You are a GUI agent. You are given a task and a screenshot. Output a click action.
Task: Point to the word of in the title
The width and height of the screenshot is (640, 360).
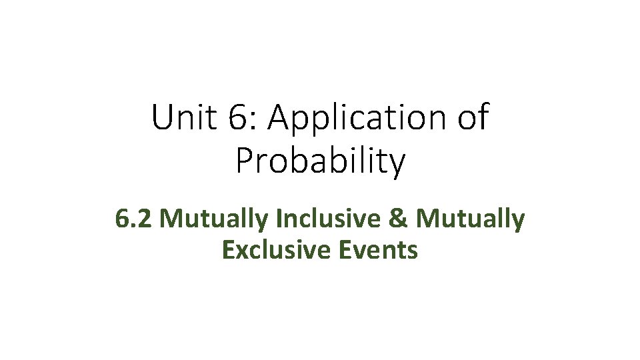click(x=473, y=118)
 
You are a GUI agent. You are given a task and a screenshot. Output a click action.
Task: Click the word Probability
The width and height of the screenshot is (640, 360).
click(x=320, y=161)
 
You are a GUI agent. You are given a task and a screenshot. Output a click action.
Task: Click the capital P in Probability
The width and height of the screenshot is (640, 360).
click(x=245, y=161)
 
